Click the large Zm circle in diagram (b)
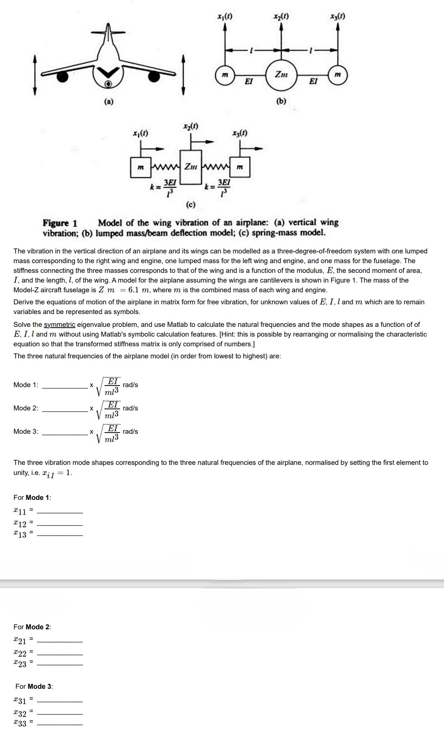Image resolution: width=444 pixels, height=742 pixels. click(281, 74)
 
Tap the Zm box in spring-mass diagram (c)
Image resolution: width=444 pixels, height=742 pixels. click(190, 167)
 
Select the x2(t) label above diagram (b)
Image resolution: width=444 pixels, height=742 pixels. click(281, 17)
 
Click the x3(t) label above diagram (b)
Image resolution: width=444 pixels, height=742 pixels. click(338, 17)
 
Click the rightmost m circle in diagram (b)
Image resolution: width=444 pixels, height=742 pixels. click(338, 75)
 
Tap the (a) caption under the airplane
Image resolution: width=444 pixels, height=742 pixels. click(109, 102)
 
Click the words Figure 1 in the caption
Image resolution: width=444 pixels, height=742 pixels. click(60, 223)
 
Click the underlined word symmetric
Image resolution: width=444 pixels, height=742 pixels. click(59, 325)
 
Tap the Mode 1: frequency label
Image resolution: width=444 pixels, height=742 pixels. click(26, 385)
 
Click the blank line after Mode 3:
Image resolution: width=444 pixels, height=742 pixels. click(65, 434)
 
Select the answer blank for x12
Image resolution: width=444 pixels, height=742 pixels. click(60, 524)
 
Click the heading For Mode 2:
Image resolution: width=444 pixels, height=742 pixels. click(32, 627)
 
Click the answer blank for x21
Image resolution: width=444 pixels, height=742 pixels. click(60, 641)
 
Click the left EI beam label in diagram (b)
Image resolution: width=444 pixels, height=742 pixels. click(249, 81)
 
